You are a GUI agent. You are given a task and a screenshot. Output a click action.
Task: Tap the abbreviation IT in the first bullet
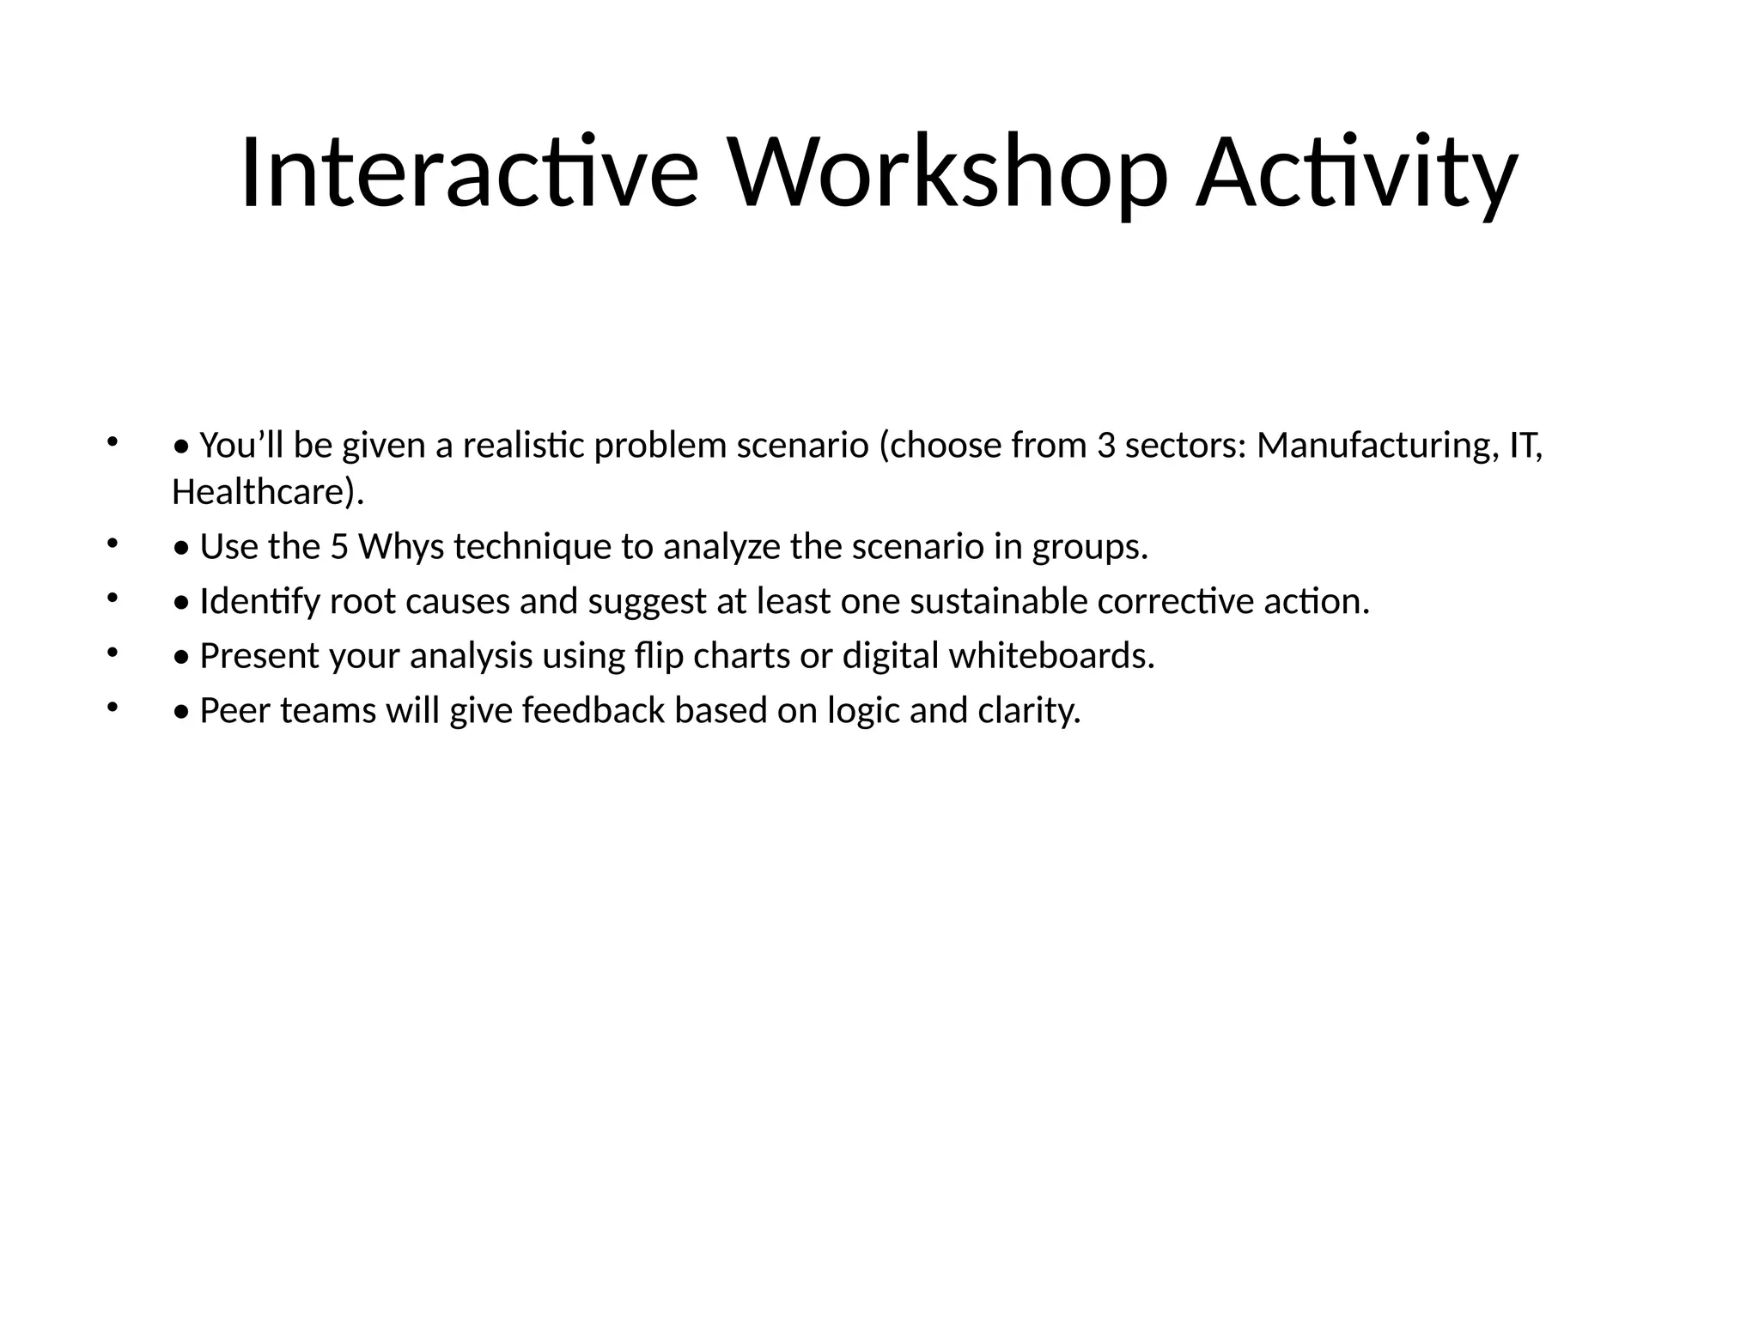pos(1525,446)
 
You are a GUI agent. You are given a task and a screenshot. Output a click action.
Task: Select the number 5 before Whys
pos(338,547)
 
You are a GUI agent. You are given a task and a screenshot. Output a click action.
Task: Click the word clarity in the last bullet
pos(1028,711)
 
